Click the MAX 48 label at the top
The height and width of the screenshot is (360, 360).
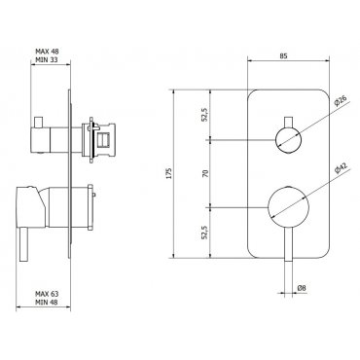pyautogui.click(x=47, y=51)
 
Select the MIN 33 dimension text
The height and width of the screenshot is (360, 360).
pyautogui.click(x=47, y=59)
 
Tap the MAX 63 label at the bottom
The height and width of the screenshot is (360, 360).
pyautogui.click(x=47, y=294)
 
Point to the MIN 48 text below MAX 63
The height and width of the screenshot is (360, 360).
pyautogui.click(x=47, y=303)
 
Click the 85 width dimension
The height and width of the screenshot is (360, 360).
pyautogui.click(x=283, y=55)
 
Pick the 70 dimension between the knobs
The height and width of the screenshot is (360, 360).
pyautogui.click(x=204, y=173)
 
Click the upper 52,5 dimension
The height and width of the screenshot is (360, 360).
pyautogui.click(x=204, y=115)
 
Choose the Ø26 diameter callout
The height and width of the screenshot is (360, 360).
pyautogui.click(x=341, y=101)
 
